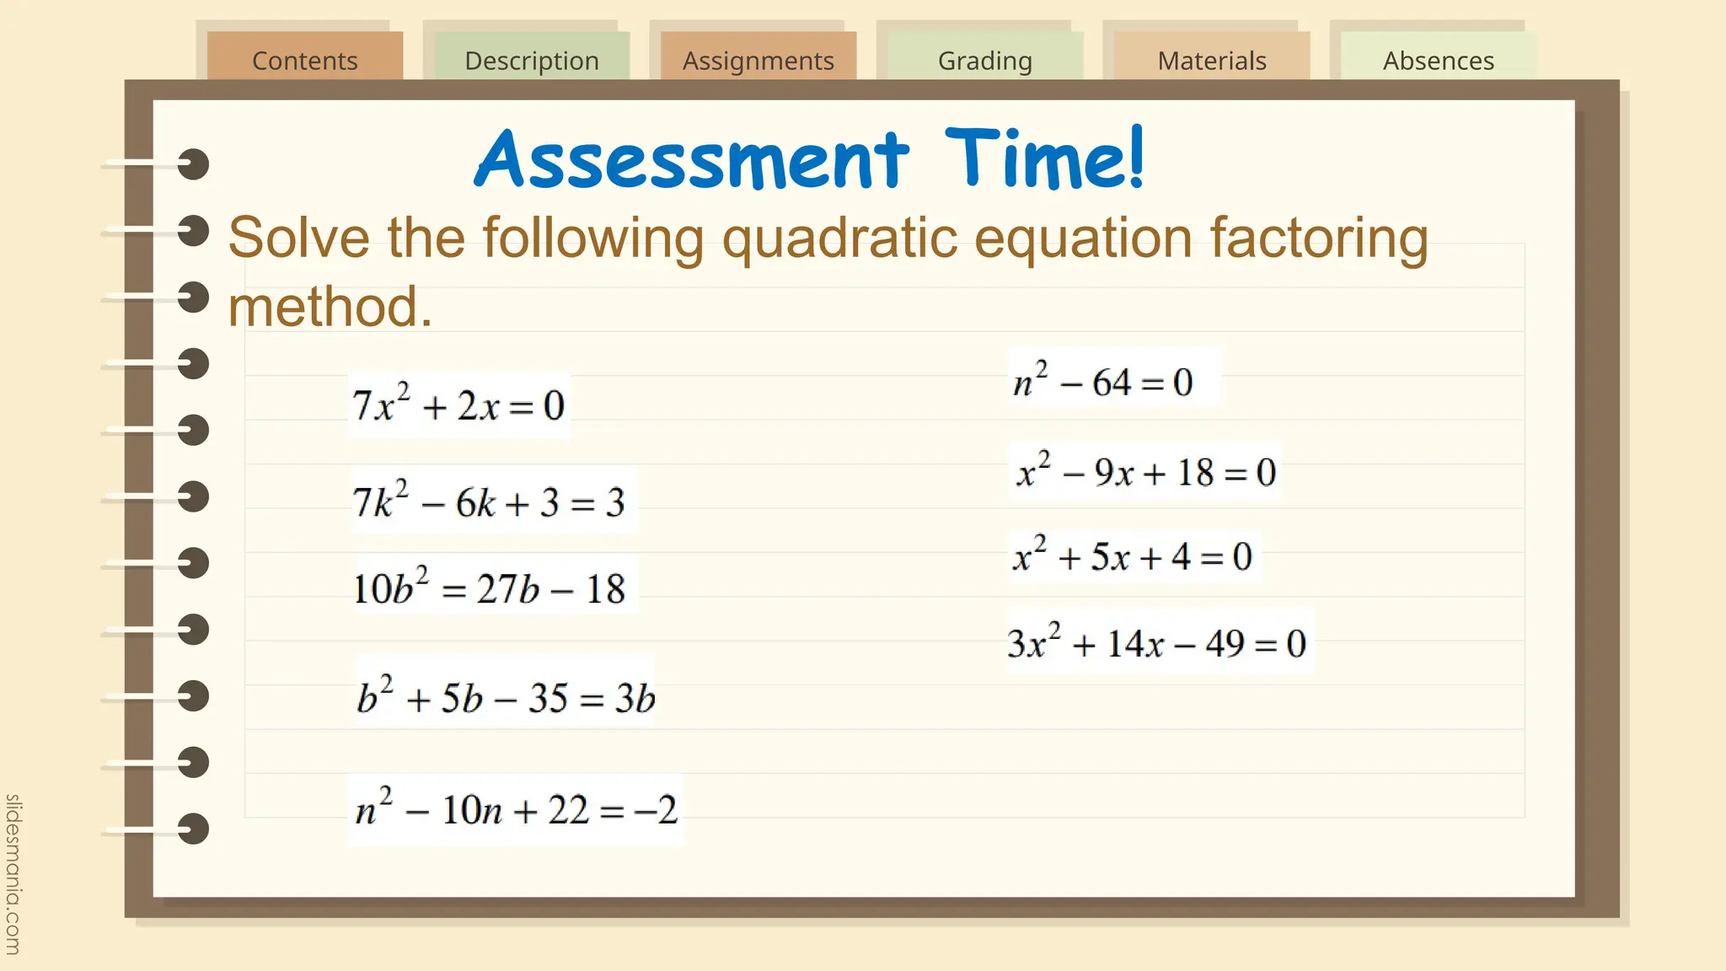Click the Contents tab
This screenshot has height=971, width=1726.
(x=304, y=60)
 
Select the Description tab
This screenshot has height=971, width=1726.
(x=532, y=60)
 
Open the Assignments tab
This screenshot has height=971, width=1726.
(x=758, y=60)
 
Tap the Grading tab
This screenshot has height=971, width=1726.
(x=984, y=60)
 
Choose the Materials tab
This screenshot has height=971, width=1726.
(x=1211, y=60)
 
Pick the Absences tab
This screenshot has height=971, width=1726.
(x=1438, y=60)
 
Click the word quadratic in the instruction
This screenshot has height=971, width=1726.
(x=839, y=239)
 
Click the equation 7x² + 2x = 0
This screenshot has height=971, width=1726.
(x=458, y=405)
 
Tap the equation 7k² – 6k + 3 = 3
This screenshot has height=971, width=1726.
(x=489, y=502)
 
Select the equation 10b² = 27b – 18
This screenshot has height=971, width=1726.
(x=489, y=587)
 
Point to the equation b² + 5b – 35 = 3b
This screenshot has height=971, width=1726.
(x=505, y=697)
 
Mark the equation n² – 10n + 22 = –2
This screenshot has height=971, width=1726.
(x=516, y=809)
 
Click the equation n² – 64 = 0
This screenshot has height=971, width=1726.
(x=1103, y=382)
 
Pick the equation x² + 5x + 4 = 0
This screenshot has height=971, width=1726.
(x=1133, y=556)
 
